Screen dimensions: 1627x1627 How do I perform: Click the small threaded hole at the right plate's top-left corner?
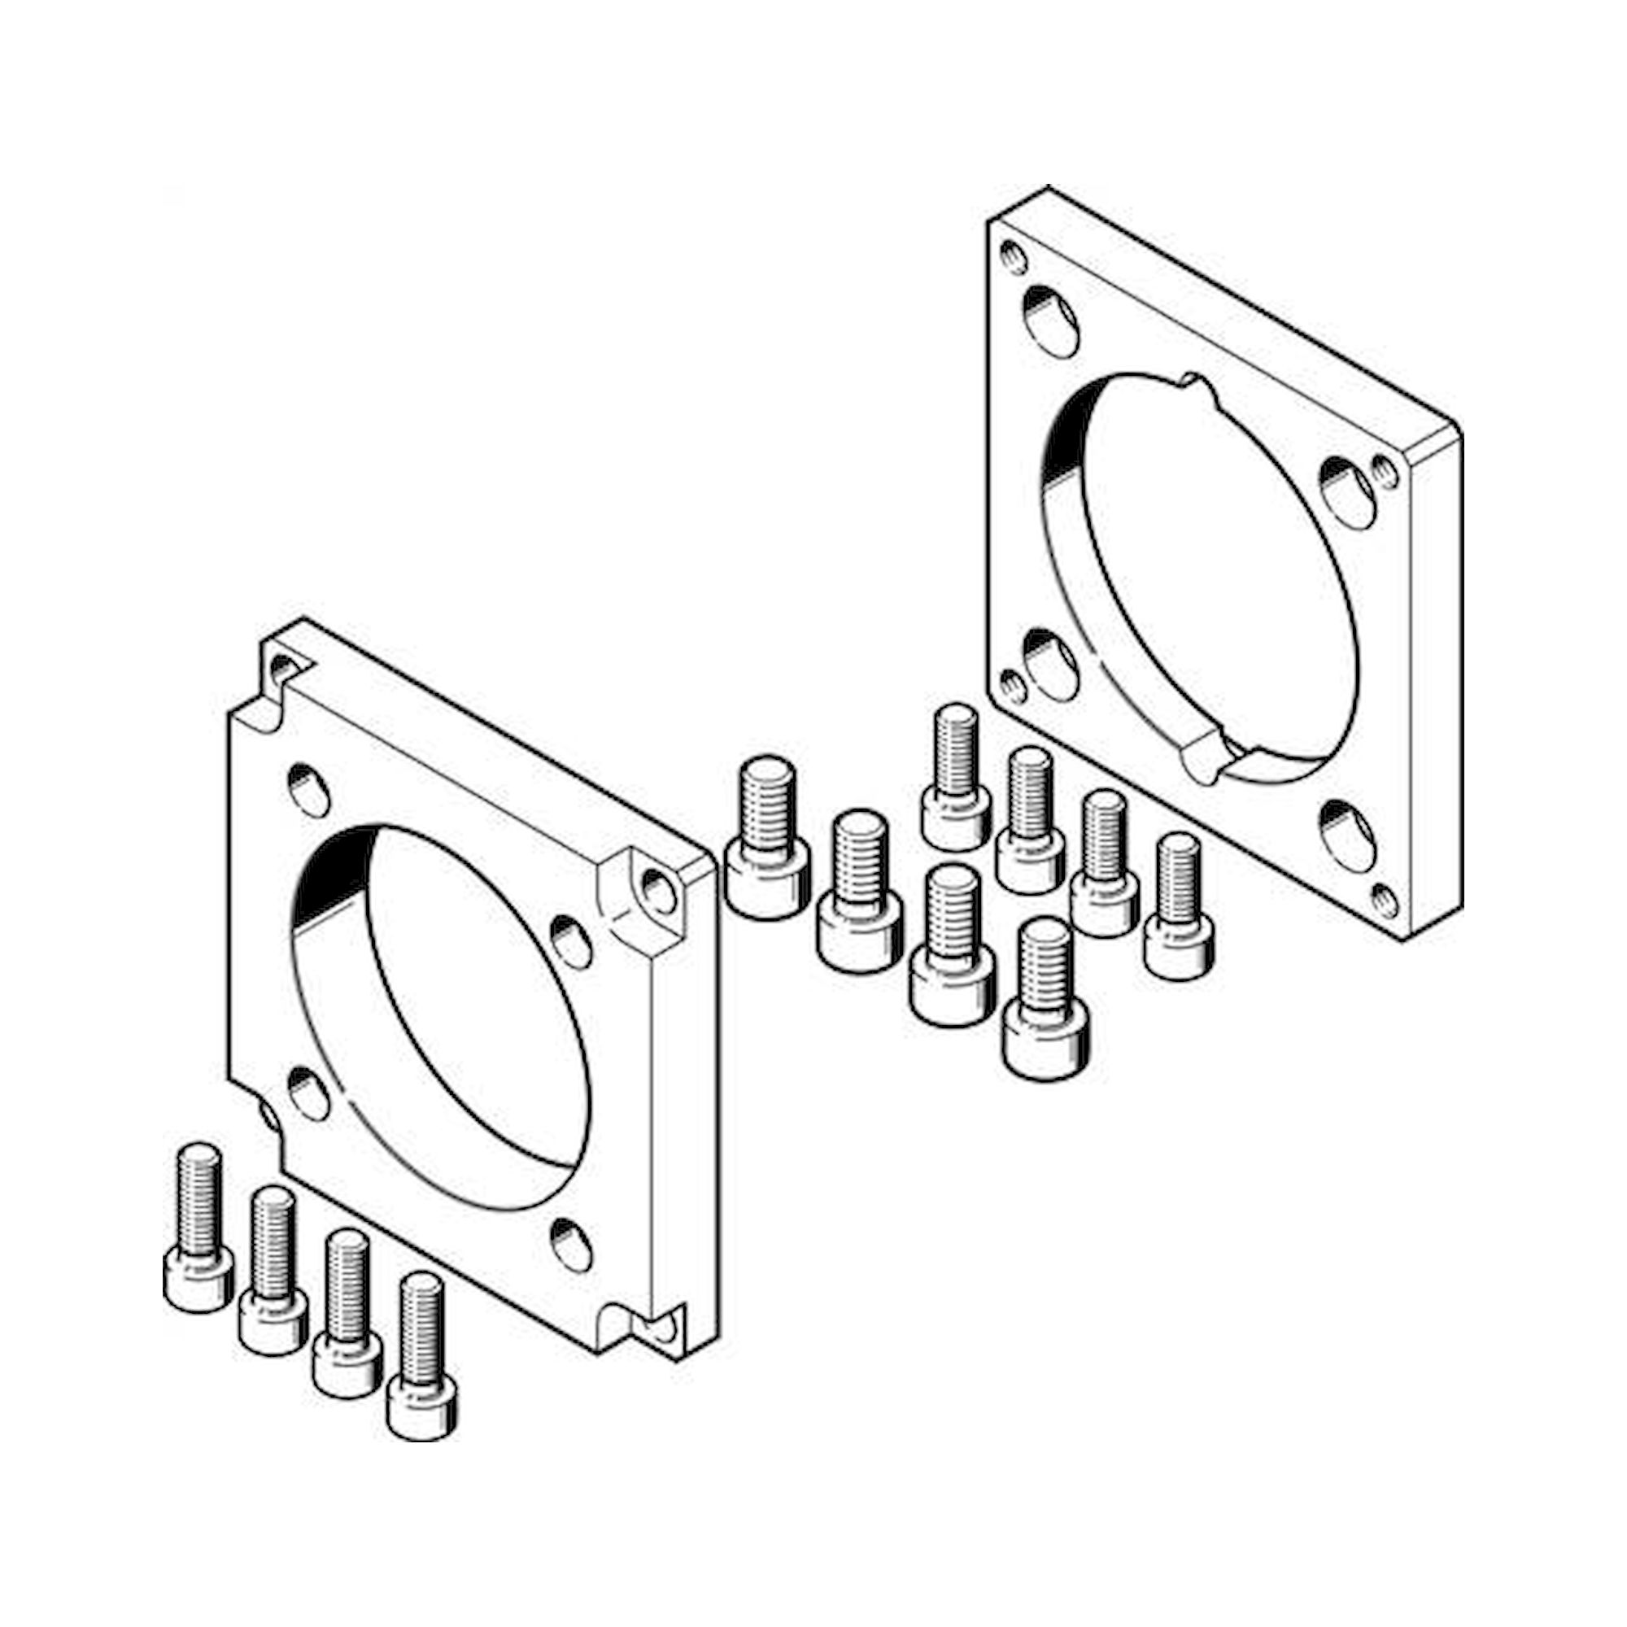click(1014, 257)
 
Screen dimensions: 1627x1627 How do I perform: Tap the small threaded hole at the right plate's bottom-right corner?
click(1385, 901)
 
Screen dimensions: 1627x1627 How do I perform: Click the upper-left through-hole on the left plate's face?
click(309, 789)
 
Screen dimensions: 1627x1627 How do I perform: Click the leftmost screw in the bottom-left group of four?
click(198, 1229)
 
